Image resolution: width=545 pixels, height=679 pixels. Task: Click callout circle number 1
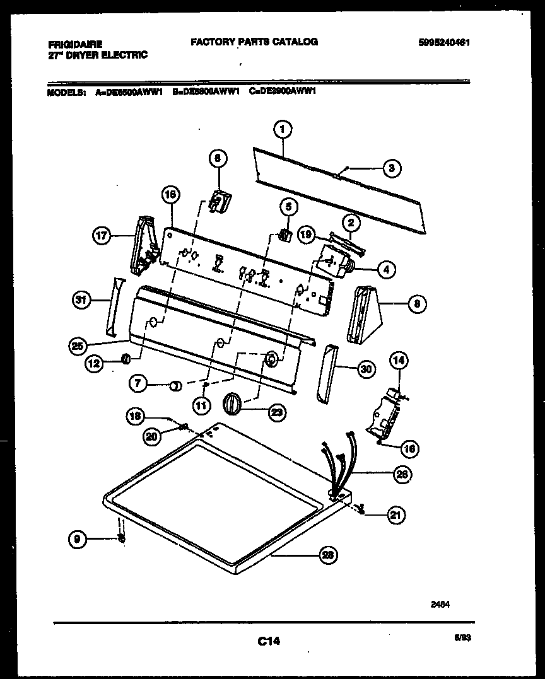[x=283, y=129]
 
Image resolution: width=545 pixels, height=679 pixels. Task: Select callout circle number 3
[x=392, y=168]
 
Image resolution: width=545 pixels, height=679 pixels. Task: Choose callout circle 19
[x=306, y=235]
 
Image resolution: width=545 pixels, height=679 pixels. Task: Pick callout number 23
[x=276, y=412]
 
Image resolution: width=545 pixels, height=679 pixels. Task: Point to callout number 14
[x=399, y=361]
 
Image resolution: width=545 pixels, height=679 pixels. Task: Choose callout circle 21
[x=396, y=514]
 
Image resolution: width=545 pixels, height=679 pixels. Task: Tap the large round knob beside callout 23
[x=233, y=402]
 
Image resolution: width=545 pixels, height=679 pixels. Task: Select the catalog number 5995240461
[x=445, y=44]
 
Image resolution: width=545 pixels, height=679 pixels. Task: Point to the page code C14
[x=269, y=642]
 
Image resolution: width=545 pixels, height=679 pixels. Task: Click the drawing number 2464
[x=441, y=603]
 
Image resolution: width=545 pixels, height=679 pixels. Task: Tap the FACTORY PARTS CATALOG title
[x=254, y=42]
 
